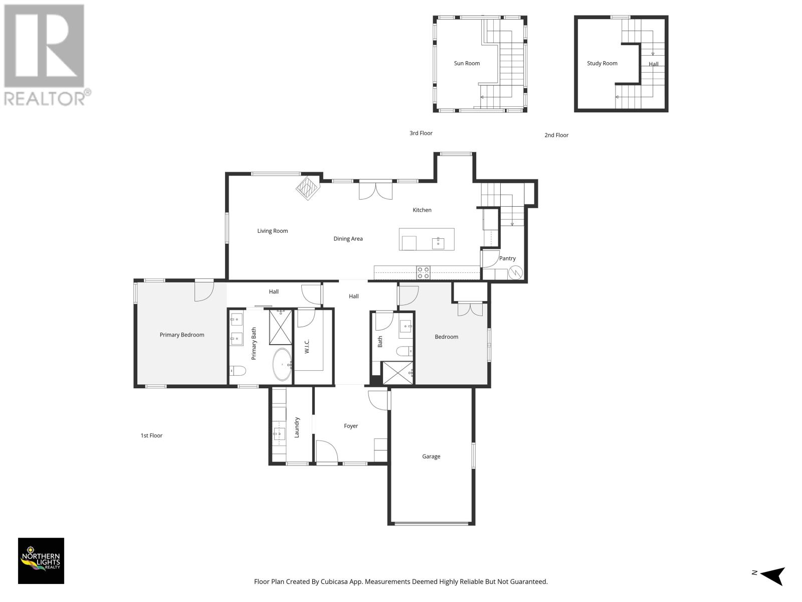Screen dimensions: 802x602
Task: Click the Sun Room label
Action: tap(467, 63)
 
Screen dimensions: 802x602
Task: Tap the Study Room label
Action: tap(602, 63)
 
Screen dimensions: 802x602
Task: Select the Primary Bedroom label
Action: tap(181, 335)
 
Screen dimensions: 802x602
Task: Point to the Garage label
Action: tap(431, 457)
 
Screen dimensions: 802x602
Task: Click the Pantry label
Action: tap(507, 258)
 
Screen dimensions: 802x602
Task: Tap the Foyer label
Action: tap(350, 426)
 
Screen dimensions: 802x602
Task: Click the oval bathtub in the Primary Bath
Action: tap(282, 364)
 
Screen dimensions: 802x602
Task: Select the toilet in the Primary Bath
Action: tap(238, 371)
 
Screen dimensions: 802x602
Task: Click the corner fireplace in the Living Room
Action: tap(308, 188)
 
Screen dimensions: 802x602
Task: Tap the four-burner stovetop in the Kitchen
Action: tap(423, 273)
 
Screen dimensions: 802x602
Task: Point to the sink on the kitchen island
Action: tap(438, 243)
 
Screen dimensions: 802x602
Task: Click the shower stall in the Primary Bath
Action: tap(281, 327)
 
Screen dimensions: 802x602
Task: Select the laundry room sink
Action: tap(279, 434)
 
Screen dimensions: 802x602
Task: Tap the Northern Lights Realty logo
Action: tap(41, 561)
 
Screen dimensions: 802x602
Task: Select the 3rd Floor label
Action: tap(421, 133)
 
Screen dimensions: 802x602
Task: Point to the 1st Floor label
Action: tap(151, 435)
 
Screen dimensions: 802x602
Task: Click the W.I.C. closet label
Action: tap(307, 347)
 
